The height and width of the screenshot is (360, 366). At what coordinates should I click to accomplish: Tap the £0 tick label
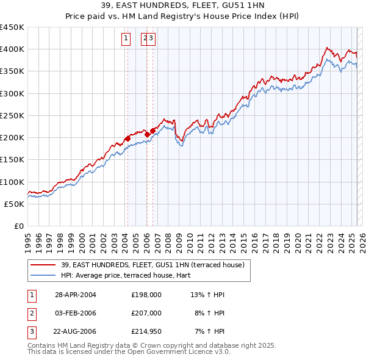point(18,226)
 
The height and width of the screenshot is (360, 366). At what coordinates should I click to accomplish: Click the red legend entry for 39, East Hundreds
point(152,265)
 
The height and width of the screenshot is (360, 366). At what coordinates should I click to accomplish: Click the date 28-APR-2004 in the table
point(76,295)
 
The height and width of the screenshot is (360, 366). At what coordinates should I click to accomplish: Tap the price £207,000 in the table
point(146,314)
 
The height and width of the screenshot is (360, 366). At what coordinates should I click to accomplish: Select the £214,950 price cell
point(146,333)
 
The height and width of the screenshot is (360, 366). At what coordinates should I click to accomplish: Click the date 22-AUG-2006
point(76,333)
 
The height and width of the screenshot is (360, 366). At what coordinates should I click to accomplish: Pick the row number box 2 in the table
point(31,314)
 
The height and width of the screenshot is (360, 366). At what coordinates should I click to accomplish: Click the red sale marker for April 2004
point(127,139)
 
